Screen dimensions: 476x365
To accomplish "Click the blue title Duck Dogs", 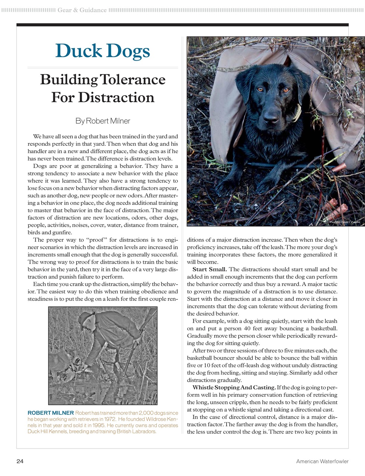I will [102, 51].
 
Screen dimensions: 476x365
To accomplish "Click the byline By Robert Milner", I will [102, 121].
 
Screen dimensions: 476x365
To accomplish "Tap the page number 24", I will [20, 461].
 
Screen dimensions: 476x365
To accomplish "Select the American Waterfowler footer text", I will [322, 461].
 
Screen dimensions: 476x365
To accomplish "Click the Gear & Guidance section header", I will [82, 10].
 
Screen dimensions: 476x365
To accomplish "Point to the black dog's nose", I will [271, 114].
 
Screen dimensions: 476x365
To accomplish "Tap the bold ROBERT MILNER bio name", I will [50, 413].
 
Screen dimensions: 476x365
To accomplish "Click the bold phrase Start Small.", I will [209, 269].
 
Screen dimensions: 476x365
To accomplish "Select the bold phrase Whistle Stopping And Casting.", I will [234, 387].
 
